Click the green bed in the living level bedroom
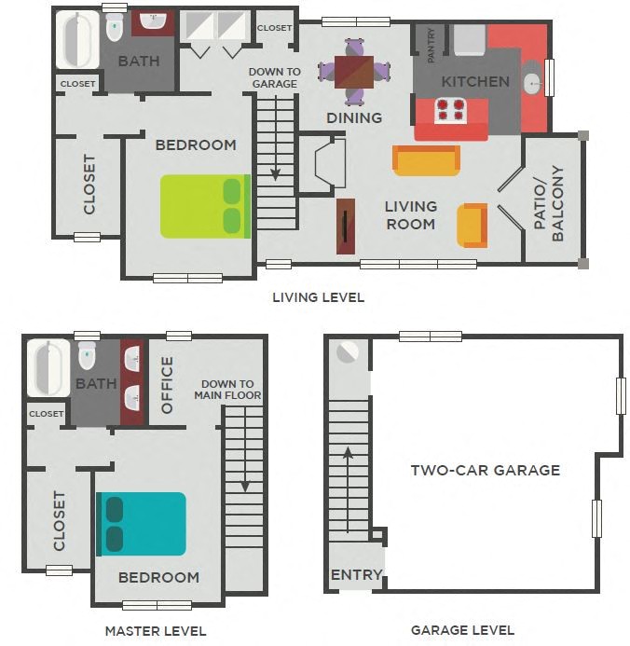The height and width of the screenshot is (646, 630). pos(205,206)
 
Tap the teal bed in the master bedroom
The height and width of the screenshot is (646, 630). pos(142,523)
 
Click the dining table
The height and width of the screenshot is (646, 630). pos(353,71)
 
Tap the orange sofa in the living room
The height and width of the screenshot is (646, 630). pos(426,160)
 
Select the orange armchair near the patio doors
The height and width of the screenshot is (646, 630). pos(472,225)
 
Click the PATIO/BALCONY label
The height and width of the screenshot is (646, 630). pos(550,203)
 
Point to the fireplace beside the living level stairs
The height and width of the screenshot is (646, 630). pos(329,165)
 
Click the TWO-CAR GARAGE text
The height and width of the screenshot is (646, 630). pos(486,470)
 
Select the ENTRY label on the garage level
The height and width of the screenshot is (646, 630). pos(356,574)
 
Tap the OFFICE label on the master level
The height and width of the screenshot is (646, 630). pos(168,384)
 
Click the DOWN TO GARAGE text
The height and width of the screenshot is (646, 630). pos(274,77)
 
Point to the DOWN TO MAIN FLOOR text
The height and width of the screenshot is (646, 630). pos(227,390)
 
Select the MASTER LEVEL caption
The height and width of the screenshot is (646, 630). pos(156,631)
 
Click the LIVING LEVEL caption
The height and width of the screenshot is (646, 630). pos(318,297)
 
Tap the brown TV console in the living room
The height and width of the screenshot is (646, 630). pos(346,227)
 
